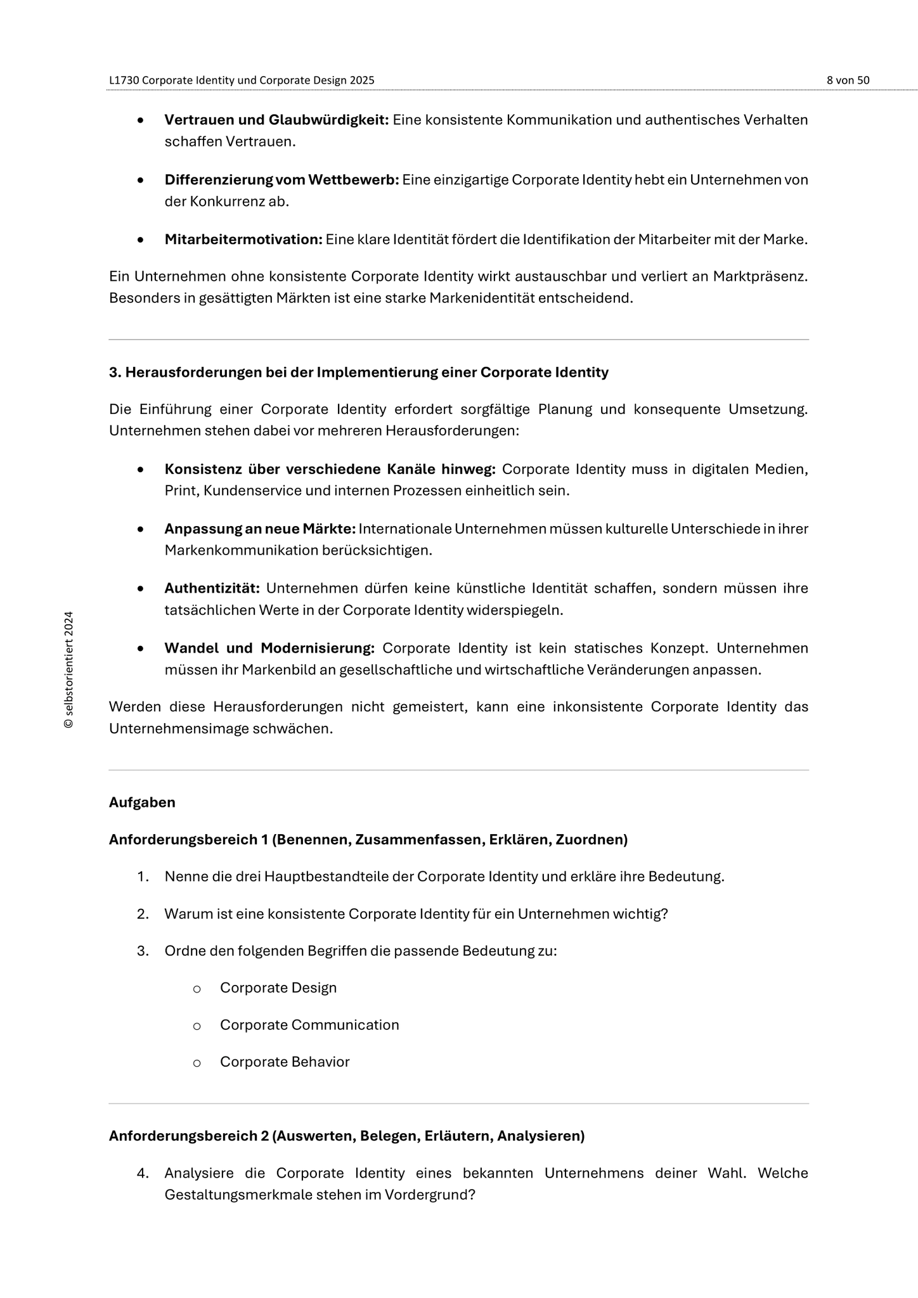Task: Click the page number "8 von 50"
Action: point(848,80)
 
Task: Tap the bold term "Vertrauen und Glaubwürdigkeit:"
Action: point(276,120)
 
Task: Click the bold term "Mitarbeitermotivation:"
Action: point(243,240)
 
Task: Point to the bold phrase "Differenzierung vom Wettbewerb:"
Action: point(281,180)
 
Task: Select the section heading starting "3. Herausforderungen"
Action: point(358,373)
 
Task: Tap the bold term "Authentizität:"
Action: point(212,589)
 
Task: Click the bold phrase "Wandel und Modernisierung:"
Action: point(269,648)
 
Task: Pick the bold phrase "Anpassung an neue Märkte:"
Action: point(260,529)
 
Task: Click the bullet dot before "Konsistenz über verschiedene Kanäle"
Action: point(141,470)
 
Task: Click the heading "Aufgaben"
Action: point(142,802)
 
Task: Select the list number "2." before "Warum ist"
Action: point(143,914)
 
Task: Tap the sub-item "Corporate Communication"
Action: point(309,1025)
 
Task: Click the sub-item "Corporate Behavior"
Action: point(285,1062)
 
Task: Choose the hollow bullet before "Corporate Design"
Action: point(197,989)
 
